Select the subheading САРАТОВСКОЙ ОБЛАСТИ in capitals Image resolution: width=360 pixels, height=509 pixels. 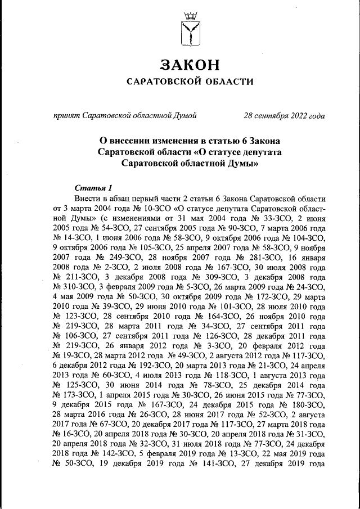[x=190, y=82]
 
